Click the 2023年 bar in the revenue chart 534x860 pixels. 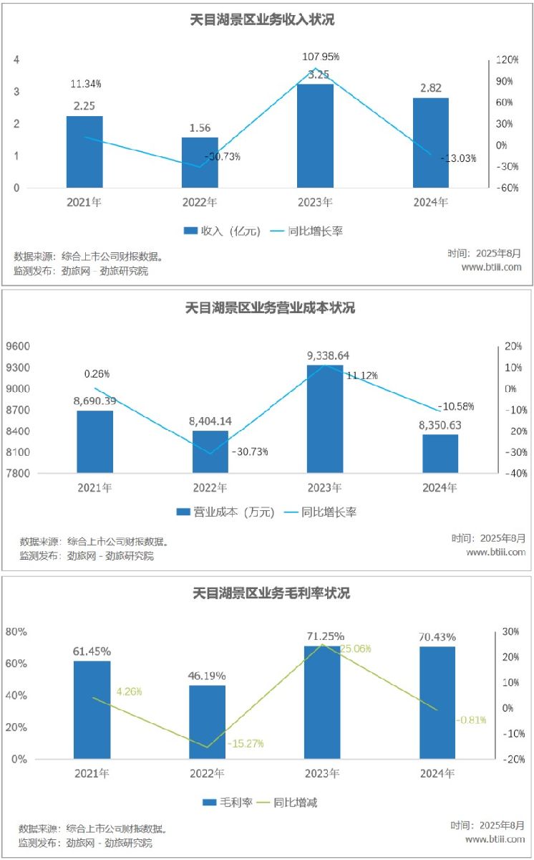(x=315, y=136)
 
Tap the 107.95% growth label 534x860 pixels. (x=321, y=56)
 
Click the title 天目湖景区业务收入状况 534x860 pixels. (x=267, y=20)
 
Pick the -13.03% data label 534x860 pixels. (x=458, y=158)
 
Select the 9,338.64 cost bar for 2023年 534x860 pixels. (x=325, y=419)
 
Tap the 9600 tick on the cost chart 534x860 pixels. (x=20, y=346)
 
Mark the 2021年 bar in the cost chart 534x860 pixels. (x=95, y=441)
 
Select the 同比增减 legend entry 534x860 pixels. (x=286, y=802)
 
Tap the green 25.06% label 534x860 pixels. (x=356, y=649)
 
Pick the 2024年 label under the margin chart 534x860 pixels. (x=437, y=774)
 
